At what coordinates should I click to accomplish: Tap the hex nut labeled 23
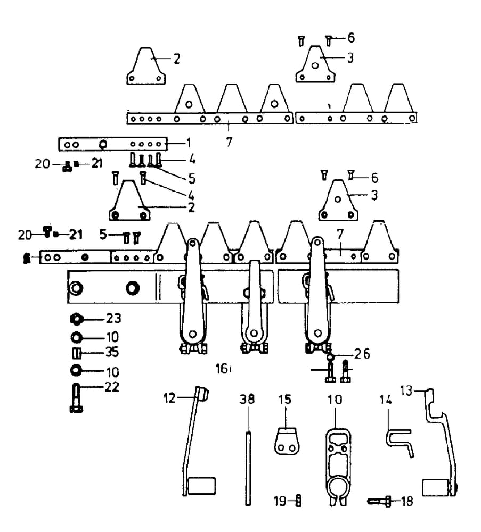pyautogui.click(x=76, y=319)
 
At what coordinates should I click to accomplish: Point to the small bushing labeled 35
pyautogui.click(x=76, y=353)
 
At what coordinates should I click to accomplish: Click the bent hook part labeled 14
pyautogui.click(x=398, y=441)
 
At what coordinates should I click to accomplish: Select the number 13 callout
pyautogui.click(x=406, y=392)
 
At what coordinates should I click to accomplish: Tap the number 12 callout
pyautogui.click(x=169, y=397)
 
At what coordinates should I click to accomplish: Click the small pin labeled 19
pyautogui.click(x=299, y=500)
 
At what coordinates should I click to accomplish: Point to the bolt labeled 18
pyautogui.click(x=379, y=501)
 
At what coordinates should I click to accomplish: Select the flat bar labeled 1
pyautogui.click(x=112, y=144)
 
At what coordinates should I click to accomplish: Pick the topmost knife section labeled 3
pyautogui.click(x=315, y=64)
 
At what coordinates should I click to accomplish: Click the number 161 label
pyautogui.click(x=223, y=368)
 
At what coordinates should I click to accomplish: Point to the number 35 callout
pyautogui.click(x=112, y=353)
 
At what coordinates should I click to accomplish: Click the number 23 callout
pyautogui.click(x=113, y=319)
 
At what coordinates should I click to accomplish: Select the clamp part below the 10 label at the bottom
pyautogui.click(x=336, y=463)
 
